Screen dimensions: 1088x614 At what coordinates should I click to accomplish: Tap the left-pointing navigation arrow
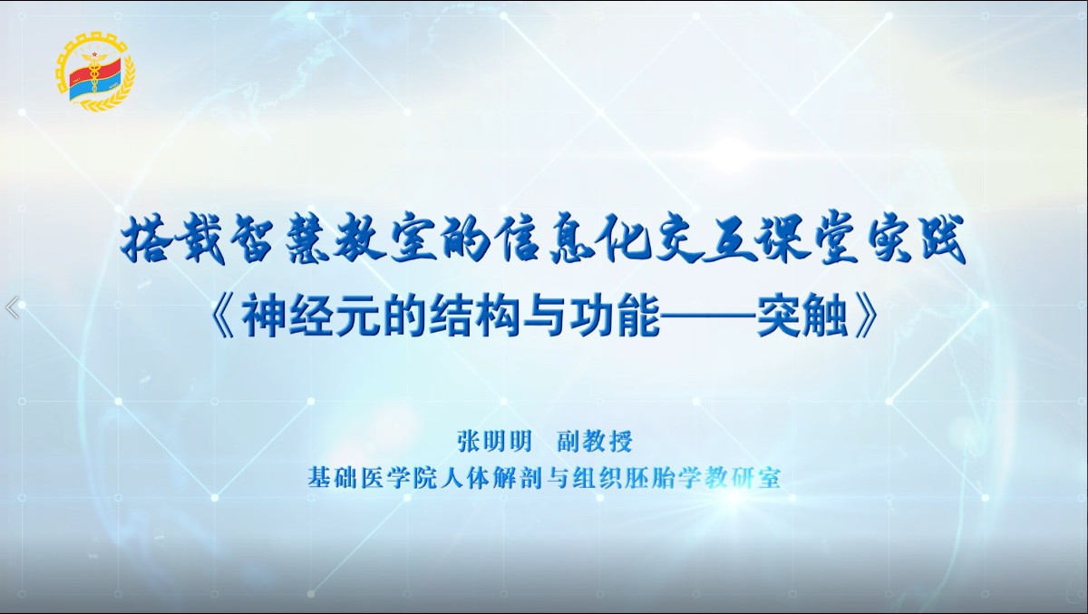click(x=12, y=307)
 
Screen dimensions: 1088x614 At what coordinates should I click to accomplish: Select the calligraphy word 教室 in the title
click(x=385, y=240)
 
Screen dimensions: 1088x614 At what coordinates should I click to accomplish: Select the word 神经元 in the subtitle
click(x=311, y=317)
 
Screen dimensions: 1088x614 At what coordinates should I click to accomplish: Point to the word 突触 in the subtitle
click(x=801, y=317)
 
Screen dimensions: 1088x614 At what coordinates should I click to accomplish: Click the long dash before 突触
click(x=708, y=318)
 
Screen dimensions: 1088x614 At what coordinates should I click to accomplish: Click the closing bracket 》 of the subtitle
click(x=865, y=318)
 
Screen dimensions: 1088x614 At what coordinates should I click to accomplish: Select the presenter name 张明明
click(x=494, y=442)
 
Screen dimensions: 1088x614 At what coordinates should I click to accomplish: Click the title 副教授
click(x=595, y=442)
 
